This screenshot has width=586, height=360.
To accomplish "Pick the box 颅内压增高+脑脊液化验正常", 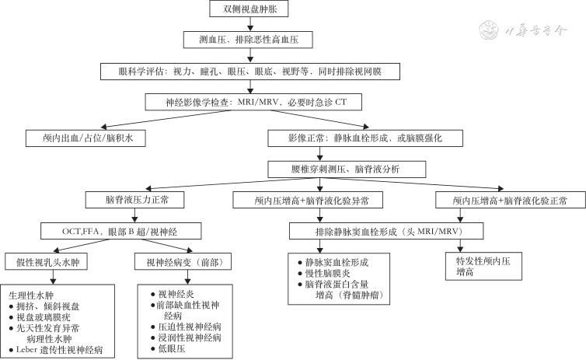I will click(x=510, y=201).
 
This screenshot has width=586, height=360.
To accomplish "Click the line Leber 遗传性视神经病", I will click(x=60, y=350).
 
